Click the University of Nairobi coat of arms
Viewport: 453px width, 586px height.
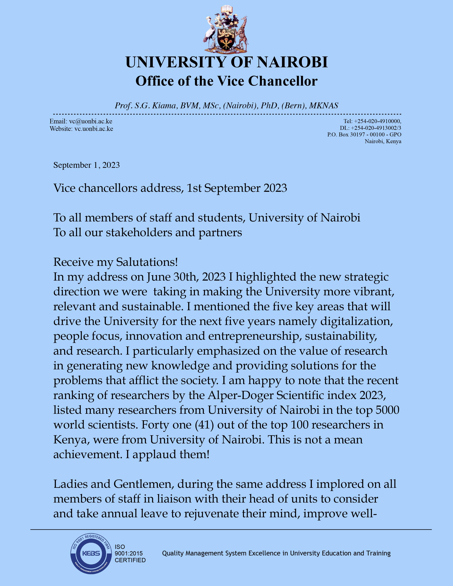pos(226,29)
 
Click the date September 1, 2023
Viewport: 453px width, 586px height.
pos(86,165)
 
